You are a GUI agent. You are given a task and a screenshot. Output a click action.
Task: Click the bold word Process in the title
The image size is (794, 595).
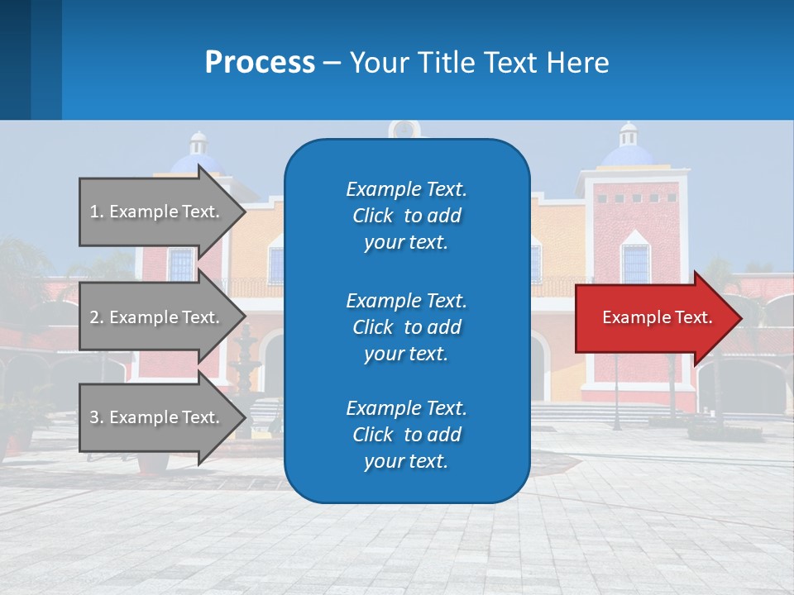[x=260, y=63]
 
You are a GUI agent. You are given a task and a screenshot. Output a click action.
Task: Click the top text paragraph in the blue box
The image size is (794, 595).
[x=406, y=216]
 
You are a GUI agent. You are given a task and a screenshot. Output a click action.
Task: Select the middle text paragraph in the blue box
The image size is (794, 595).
[x=406, y=327]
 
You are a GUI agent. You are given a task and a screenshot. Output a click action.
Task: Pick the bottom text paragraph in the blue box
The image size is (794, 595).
[x=406, y=435]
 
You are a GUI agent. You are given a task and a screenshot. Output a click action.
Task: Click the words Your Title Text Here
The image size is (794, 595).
[x=479, y=63]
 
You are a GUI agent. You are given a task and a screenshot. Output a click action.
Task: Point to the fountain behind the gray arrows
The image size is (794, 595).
[x=246, y=364]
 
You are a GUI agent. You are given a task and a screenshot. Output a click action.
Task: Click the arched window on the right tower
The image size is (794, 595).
[x=635, y=261]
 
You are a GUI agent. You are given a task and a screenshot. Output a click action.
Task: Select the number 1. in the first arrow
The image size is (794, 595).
[x=97, y=212]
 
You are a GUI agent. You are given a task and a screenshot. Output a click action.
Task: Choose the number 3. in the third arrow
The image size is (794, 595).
[x=97, y=417]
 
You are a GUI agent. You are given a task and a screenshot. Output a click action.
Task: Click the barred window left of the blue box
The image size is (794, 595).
[x=181, y=264]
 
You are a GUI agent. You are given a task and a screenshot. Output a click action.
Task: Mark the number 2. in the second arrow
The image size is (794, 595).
[x=97, y=317]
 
